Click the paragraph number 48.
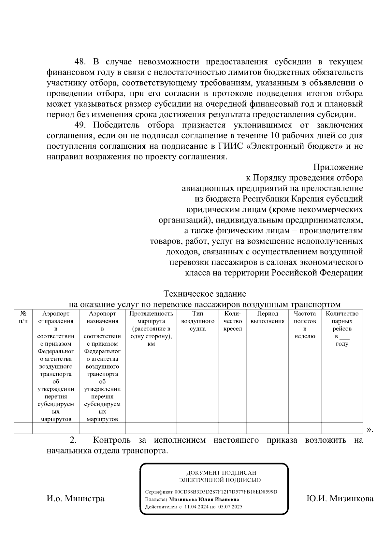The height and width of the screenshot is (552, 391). (80, 62)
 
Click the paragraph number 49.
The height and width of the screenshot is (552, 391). (80, 125)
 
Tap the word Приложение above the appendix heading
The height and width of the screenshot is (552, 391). (338, 167)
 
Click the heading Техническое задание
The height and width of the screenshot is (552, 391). (205, 294)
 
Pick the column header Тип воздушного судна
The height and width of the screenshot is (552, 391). (197, 321)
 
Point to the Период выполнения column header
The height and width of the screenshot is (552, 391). (268, 317)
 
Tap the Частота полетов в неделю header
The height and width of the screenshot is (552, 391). (305, 325)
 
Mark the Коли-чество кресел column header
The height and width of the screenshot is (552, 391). (233, 321)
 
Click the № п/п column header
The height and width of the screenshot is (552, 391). (23, 317)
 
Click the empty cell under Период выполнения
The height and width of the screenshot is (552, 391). (268, 428)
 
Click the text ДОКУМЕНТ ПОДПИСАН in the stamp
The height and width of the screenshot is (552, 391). (221, 473)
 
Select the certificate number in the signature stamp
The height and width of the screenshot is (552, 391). (226, 492)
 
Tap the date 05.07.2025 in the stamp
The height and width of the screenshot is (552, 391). (230, 506)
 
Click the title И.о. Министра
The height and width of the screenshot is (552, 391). (76, 498)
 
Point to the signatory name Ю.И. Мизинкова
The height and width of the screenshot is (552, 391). (340, 498)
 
